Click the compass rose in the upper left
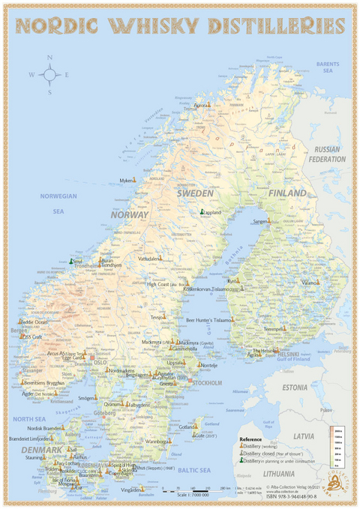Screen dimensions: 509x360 (x=49, y=73)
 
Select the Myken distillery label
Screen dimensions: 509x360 (x=127, y=181)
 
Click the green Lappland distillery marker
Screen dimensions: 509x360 (x=202, y=212)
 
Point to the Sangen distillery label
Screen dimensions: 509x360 (x=260, y=222)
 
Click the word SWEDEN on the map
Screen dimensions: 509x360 (x=195, y=193)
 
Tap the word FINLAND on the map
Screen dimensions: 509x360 (x=288, y=193)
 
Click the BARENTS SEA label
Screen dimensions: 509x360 (x=328, y=68)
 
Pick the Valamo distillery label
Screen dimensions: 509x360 (x=310, y=283)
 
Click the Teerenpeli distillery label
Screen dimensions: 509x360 (x=271, y=329)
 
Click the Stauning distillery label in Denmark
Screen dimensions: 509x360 (x=33, y=456)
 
